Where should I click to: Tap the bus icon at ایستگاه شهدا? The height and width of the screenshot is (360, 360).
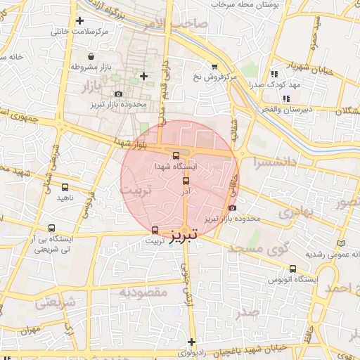[x=176, y=156]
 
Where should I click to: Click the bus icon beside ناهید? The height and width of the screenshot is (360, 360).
[x=65, y=188]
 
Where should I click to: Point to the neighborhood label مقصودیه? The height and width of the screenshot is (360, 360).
[x=143, y=292]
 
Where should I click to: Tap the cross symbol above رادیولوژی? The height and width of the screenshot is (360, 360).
[x=192, y=342]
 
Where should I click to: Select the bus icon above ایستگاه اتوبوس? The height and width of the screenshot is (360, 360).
[x=292, y=269]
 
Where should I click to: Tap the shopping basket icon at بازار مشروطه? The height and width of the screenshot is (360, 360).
[x=91, y=56]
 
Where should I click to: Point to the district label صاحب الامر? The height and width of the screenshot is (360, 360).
[x=181, y=24]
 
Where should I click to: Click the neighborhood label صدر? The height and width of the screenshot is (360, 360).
[x=248, y=313]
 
